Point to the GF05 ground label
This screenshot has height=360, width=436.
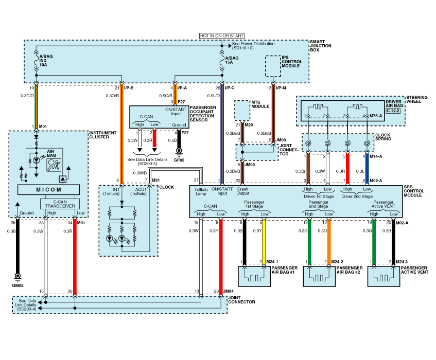pos(179,159)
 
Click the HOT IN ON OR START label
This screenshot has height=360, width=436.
pos(221,36)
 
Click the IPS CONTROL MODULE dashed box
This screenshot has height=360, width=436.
pos(272,66)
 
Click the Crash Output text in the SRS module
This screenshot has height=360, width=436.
pos(243,192)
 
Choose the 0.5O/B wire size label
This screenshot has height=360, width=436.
pos(165,96)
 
